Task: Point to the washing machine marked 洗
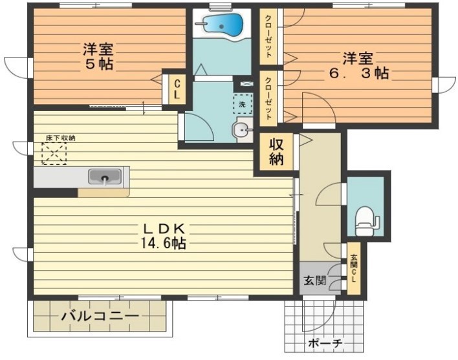[x=241, y=104]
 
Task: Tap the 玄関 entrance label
[x=314, y=281]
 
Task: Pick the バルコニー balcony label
[x=100, y=317]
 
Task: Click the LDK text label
[x=165, y=228]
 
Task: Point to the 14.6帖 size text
[x=165, y=244]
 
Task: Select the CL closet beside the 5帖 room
[x=175, y=88]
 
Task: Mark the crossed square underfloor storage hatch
[x=54, y=154]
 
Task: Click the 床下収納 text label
[x=60, y=138]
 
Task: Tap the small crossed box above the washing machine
[x=245, y=84]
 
